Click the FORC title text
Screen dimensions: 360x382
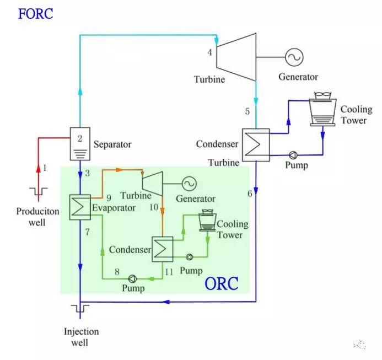(x=35, y=13)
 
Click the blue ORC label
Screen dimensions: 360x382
(x=222, y=284)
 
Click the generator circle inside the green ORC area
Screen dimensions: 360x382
(x=190, y=183)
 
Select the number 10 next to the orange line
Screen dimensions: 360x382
(x=154, y=207)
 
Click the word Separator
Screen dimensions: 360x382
(x=112, y=144)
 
